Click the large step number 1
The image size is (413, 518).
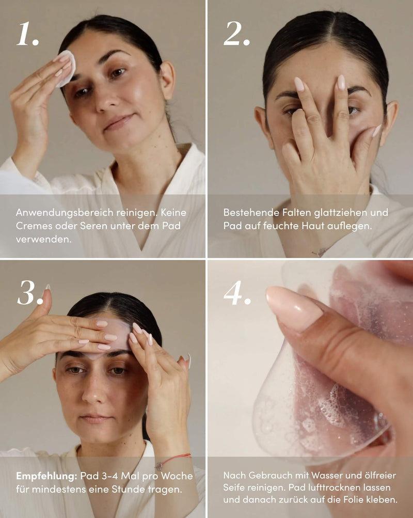click(x=28, y=34)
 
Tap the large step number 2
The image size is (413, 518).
click(x=236, y=34)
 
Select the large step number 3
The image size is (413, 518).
click(x=30, y=293)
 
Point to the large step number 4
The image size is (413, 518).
click(x=237, y=293)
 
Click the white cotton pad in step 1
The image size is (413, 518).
click(x=66, y=68)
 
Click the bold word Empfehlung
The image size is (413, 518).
click(x=46, y=476)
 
